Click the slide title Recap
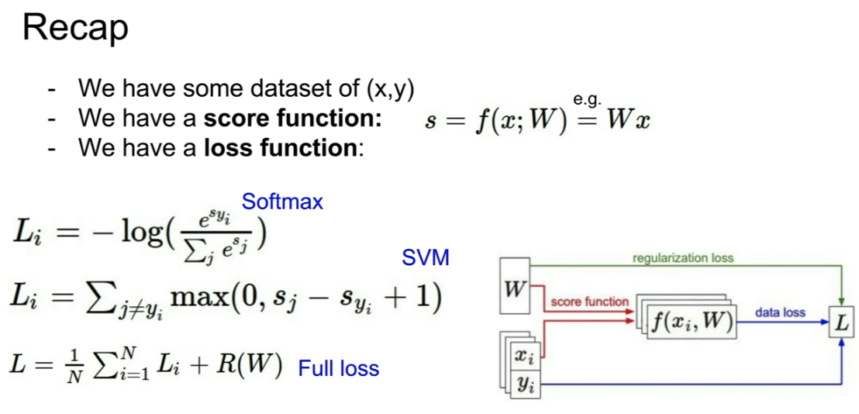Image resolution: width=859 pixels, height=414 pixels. pos(75,29)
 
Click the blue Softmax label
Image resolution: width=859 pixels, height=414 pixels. pos(282,202)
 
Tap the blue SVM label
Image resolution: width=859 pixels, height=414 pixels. pos(425,257)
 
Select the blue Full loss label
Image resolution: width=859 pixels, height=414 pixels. pos(339,368)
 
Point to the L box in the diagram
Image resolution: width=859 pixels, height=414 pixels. pos(840,323)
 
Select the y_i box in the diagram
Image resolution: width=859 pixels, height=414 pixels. pos(525,382)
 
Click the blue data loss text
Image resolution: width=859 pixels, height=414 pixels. pos(780,312)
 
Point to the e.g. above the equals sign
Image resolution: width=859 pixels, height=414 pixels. pos(587,99)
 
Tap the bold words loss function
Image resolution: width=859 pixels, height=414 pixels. pos(282,147)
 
